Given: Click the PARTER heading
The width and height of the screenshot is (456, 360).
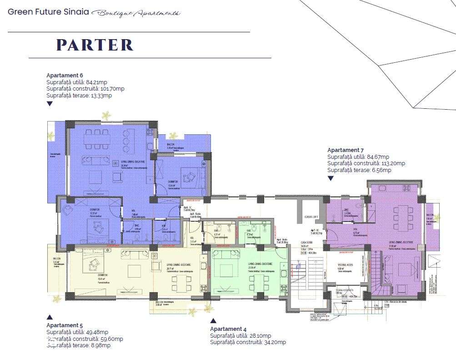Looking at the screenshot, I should pyautogui.click(x=95, y=45).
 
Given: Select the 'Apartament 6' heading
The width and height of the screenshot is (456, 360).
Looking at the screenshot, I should pyautogui.click(x=65, y=75).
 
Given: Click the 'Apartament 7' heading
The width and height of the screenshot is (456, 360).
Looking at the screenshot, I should pyautogui.click(x=346, y=150).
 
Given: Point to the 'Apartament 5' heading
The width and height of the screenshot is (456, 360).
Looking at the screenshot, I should pyautogui.click(x=65, y=325).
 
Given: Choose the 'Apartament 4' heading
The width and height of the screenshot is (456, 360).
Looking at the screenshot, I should pyautogui.click(x=228, y=329).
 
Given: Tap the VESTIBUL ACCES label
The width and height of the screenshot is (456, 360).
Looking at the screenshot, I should pyautogui.click(x=346, y=264).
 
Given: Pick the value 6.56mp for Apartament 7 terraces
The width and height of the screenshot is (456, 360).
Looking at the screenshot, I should pyautogui.click(x=381, y=170).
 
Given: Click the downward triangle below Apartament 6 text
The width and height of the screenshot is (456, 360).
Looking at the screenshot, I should pyautogui.click(x=50, y=104).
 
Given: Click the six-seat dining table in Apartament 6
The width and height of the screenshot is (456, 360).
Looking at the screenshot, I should pyautogui.click(x=95, y=139).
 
